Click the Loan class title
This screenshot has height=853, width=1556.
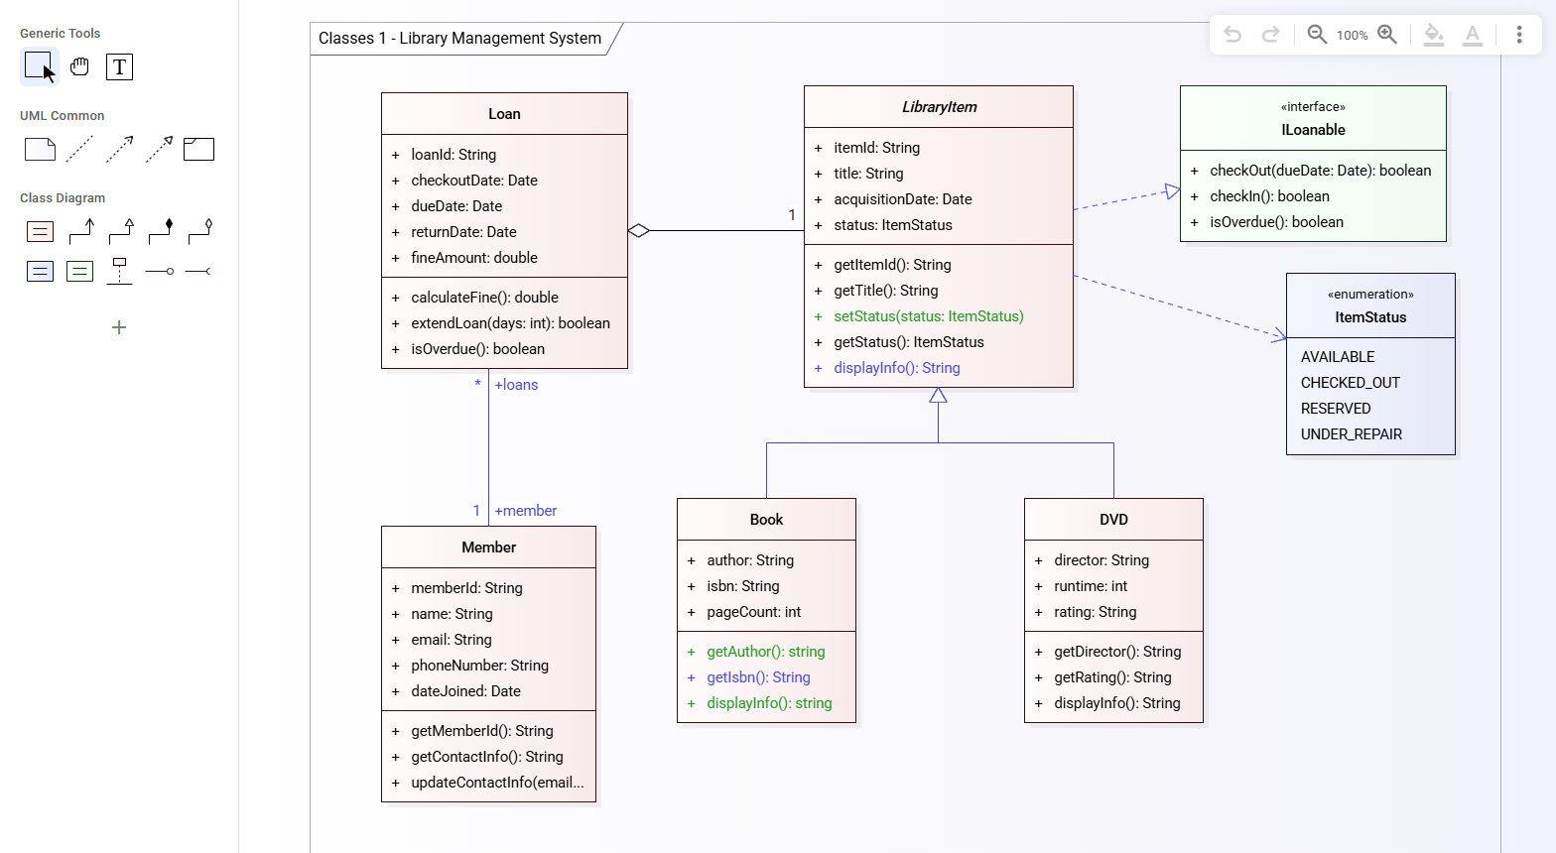tap(504, 114)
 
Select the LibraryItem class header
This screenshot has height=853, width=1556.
tap(939, 107)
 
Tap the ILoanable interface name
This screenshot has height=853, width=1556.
tap(1313, 130)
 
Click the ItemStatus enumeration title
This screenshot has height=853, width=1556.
tap(1370, 317)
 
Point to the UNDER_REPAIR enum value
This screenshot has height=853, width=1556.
tap(1352, 434)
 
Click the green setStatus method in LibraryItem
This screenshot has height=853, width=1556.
tap(928, 316)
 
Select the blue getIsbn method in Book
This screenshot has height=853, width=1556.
tap(758, 677)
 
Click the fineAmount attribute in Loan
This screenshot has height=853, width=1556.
tap(473, 258)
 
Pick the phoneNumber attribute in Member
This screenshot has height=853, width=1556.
tap(479, 666)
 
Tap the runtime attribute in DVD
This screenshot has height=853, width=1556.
tap(1091, 586)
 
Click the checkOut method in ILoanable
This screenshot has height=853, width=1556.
tap(1320, 171)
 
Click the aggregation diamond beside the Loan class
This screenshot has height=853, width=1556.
tap(639, 231)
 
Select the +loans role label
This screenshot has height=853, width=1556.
tap(516, 385)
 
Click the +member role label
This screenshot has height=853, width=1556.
tap(525, 511)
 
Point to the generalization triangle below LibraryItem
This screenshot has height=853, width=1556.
tap(938, 396)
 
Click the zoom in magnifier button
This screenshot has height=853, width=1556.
tap(1387, 35)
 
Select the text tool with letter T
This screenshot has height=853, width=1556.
tap(119, 67)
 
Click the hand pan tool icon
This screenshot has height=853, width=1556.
tap(79, 67)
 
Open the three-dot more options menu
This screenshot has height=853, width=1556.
tap(1518, 35)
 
